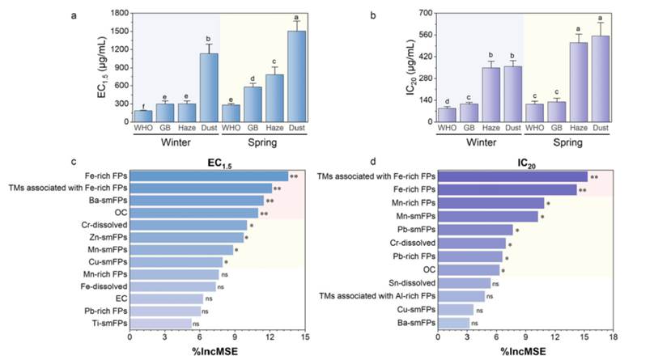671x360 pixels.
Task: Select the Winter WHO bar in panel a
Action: click(x=143, y=116)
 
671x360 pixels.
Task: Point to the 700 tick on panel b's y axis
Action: click(x=428, y=13)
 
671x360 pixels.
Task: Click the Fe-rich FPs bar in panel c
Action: click(x=209, y=176)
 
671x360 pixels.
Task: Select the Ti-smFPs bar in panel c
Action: click(x=160, y=323)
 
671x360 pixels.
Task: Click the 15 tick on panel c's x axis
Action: click(x=304, y=337)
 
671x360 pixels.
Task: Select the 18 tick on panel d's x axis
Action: click(x=614, y=337)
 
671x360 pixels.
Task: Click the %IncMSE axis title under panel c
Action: click(x=216, y=352)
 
